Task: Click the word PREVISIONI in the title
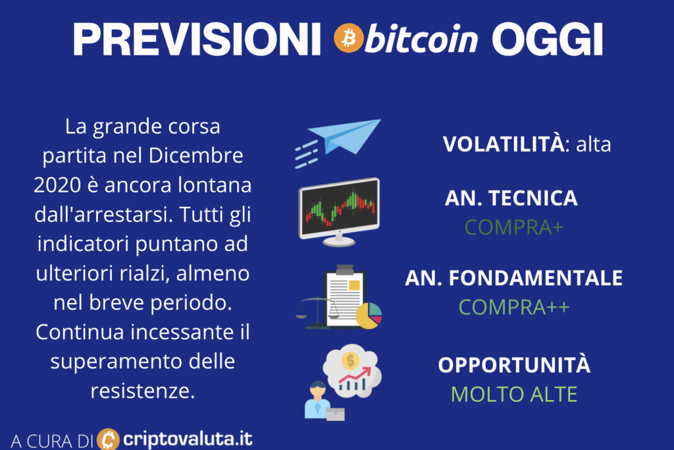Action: [x=197, y=40]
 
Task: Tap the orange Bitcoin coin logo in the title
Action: [x=349, y=38]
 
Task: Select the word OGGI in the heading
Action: [x=547, y=40]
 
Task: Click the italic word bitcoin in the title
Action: [x=421, y=38]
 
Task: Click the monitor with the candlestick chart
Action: [x=339, y=211]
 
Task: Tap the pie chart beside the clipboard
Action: [x=369, y=316]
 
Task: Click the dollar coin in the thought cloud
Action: [x=350, y=360]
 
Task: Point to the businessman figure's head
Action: [x=318, y=390]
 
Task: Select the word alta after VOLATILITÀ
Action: [x=593, y=144]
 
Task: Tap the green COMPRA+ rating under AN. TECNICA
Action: [x=513, y=227]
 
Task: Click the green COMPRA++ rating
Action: [x=513, y=307]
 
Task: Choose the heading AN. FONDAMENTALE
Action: [x=513, y=278]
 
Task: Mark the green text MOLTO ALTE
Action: [x=513, y=394]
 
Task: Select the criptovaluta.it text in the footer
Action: [x=188, y=439]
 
